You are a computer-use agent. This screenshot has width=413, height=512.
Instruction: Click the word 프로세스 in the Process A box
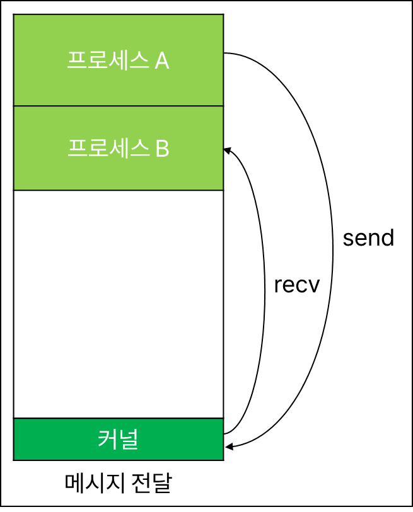(107, 61)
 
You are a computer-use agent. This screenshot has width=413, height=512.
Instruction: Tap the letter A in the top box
(161, 61)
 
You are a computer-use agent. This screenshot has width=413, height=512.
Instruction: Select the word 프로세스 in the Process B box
(107, 149)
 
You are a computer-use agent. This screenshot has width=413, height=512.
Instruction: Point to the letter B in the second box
(161, 149)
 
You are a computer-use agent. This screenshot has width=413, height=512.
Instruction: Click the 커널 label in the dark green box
(118, 439)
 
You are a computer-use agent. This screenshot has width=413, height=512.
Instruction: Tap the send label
(368, 238)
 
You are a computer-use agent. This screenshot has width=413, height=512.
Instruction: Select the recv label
(297, 285)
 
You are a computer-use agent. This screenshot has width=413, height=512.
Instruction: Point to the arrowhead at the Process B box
(228, 150)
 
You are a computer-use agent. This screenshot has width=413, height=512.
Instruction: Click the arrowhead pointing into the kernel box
(228, 447)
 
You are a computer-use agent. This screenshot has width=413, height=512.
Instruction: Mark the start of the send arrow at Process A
(225, 54)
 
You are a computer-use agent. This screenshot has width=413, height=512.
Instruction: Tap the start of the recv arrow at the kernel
(225, 434)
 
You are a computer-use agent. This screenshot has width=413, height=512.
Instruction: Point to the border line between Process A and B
(118, 106)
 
